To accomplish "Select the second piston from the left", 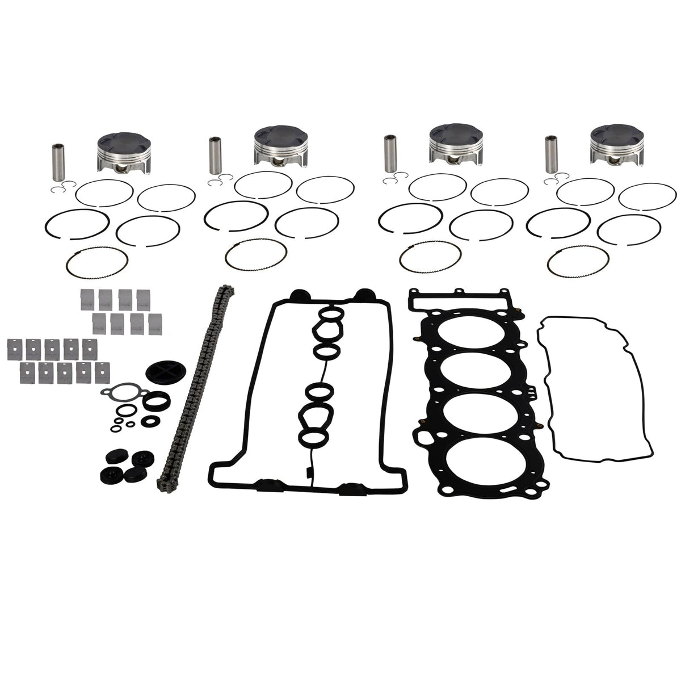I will click(x=281, y=146).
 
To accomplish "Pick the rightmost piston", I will click(x=615, y=147).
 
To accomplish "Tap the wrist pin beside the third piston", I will click(x=389, y=153).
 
